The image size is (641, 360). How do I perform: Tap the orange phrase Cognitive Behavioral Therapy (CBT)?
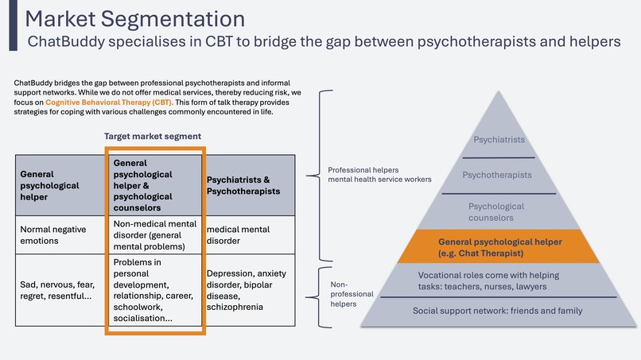pos(108,103)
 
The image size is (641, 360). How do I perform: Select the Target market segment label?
pos(153,137)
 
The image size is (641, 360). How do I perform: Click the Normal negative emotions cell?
pos(56,235)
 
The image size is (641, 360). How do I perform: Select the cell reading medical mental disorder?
pos(238,235)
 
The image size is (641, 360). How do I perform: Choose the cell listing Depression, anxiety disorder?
pos(243,289)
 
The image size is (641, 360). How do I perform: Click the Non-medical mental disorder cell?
pos(155,235)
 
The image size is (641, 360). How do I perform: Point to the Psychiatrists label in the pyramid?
pos(499,141)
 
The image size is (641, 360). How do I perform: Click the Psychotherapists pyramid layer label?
pos(498,175)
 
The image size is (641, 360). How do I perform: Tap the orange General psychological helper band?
pos(499,246)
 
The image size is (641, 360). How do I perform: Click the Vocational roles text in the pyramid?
pos(499,281)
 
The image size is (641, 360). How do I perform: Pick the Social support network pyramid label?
pos(497,311)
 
